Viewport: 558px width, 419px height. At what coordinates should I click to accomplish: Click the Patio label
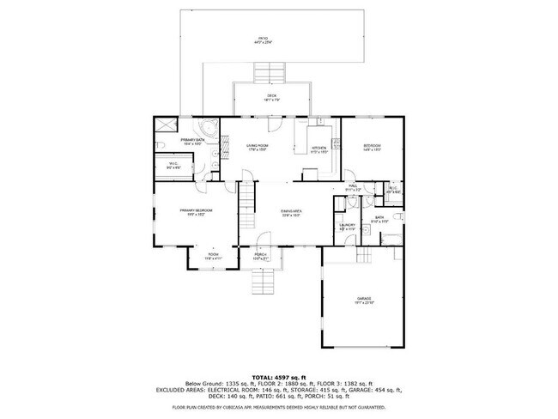pos(264,40)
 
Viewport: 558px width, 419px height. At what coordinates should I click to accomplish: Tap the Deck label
pos(271,98)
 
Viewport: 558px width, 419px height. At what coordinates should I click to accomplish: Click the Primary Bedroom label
pos(196,212)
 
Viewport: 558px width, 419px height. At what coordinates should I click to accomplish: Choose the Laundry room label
pos(347,227)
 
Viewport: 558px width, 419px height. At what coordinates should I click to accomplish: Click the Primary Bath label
pos(191,141)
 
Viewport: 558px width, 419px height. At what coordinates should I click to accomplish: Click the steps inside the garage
pos(364,257)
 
